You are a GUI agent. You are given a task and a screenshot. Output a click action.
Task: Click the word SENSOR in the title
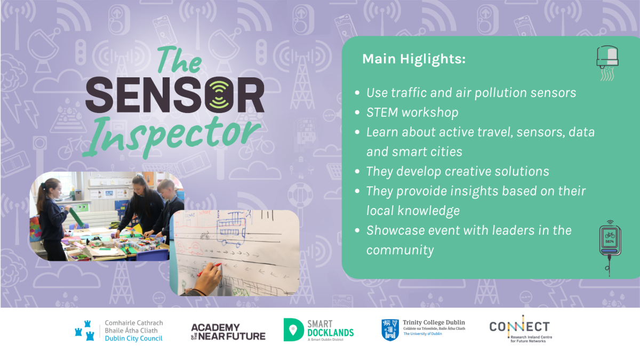coord(175,94)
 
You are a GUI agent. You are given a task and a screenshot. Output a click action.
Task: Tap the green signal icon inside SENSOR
coord(219,95)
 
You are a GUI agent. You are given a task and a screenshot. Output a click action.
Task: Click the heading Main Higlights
coord(414,59)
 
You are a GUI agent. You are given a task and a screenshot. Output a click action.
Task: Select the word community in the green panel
coord(400,250)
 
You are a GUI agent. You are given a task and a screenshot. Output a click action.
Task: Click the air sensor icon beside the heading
coord(607,63)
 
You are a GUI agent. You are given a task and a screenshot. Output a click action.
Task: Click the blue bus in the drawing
coord(231,229)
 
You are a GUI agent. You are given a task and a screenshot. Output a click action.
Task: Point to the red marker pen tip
coord(220,265)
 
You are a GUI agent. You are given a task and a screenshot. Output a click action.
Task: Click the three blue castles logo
coord(85,331)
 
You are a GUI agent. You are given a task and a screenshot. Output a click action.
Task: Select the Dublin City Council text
coord(133,339)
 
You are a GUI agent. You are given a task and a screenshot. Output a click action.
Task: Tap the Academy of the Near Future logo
coord(228,332)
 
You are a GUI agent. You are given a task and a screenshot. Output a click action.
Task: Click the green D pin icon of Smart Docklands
coord(293,330)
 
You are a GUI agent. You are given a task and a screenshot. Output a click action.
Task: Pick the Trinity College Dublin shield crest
coord(390,330)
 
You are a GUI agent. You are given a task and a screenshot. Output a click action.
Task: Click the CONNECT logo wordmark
coord(520,327)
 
